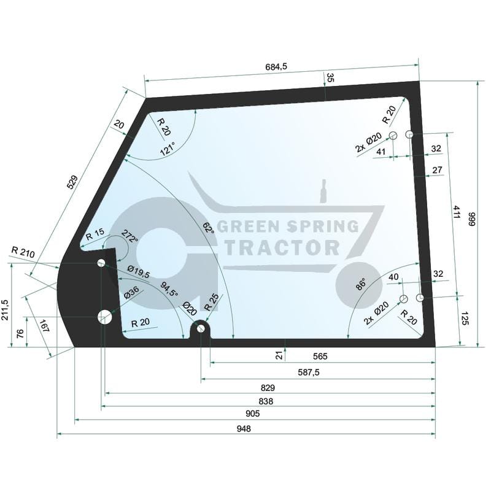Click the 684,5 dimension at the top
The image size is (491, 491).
277,66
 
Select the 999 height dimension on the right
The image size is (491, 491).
471,220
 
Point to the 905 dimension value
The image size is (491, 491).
252,414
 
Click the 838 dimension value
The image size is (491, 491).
265,401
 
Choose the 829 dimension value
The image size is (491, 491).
267,388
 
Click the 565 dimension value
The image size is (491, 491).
320,356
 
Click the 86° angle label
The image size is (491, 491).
361,284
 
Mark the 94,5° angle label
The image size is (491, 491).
169,289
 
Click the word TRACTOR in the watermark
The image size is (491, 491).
283,247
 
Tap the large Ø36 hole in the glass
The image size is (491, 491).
105,317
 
